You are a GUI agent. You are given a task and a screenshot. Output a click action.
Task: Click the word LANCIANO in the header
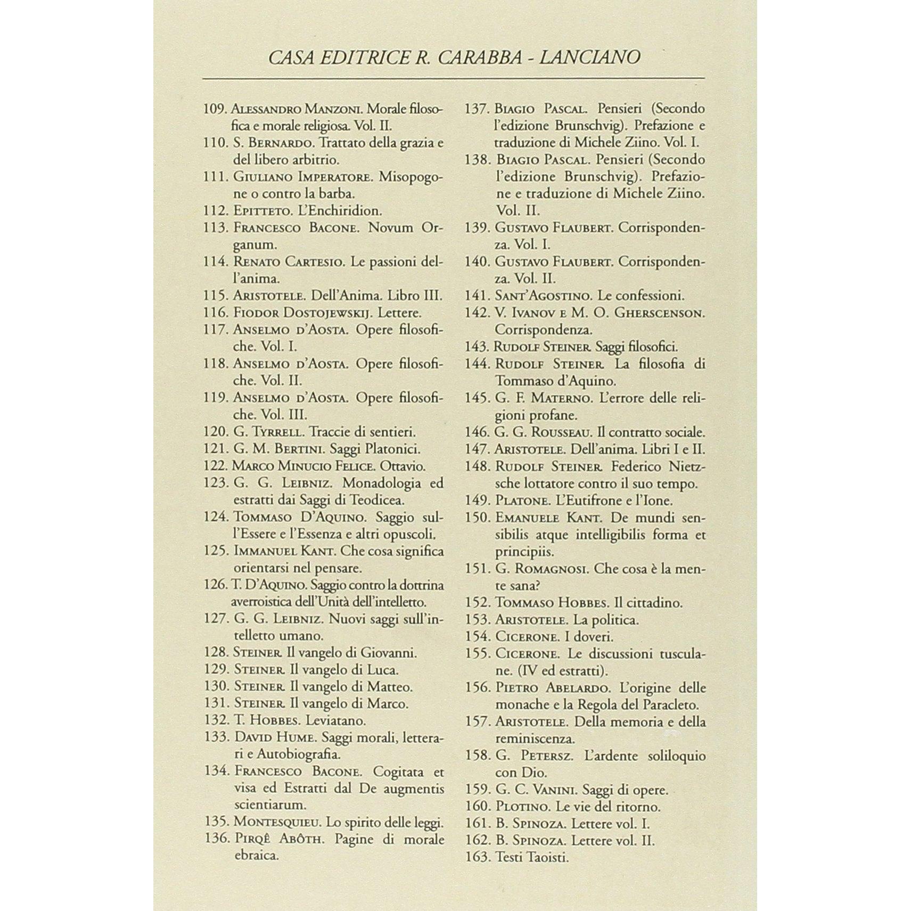coord(589,57)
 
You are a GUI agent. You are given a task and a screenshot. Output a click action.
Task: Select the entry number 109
coord(216,109)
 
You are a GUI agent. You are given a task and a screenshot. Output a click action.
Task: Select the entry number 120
coord(216,432)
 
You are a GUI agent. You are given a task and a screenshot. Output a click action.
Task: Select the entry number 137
coord(477,109)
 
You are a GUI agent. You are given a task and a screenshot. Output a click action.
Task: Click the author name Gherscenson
coord(660,313)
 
